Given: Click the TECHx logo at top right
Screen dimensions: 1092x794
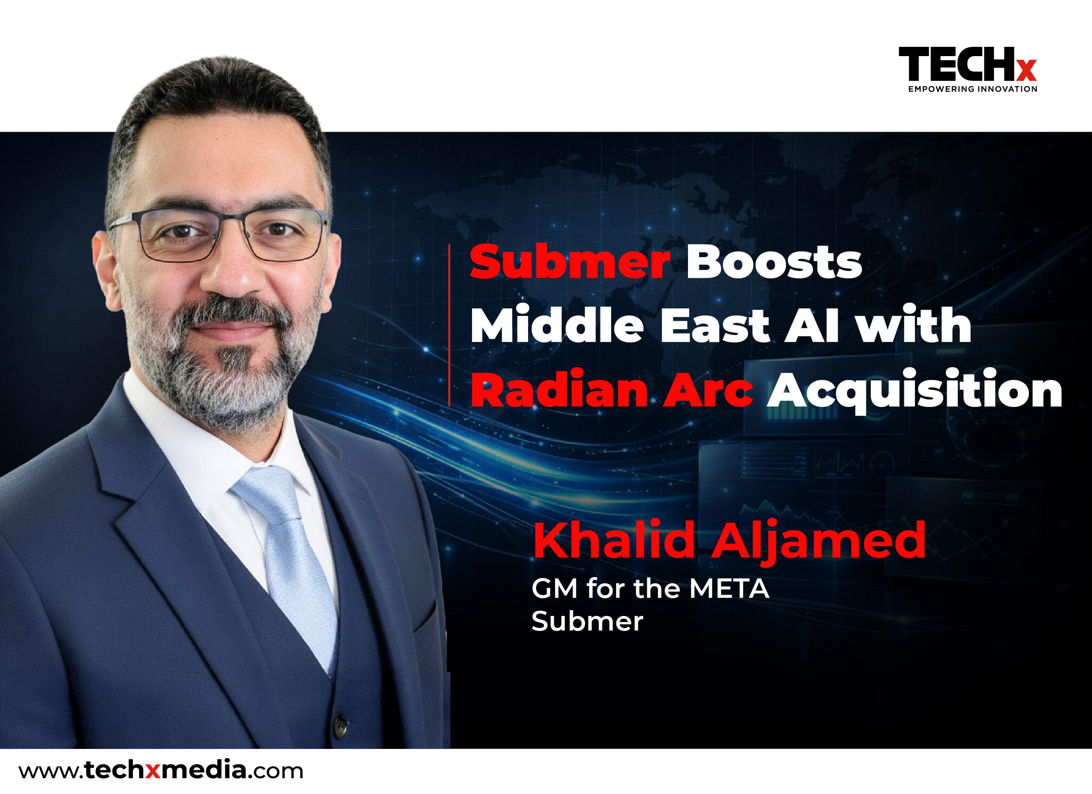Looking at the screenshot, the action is (968, 69).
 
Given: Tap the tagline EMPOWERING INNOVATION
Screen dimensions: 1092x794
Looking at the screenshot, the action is (973, 89).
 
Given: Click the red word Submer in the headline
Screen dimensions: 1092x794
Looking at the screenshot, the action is (570, 262).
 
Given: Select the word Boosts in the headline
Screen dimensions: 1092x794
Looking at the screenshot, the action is (774, 262).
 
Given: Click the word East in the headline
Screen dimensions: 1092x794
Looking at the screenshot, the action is (715, 326).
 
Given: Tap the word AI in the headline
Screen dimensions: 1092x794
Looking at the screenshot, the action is (812, 326).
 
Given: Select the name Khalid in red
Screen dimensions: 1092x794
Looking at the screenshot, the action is (613, 540).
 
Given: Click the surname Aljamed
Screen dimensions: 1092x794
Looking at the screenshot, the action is (819, 543).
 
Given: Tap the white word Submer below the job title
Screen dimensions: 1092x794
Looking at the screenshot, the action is (587, 622).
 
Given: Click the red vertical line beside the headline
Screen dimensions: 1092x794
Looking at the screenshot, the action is (449, 325).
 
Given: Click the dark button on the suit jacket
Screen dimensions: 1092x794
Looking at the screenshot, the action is (340, 726).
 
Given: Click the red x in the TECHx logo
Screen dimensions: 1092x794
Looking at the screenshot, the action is (1027, 70).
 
